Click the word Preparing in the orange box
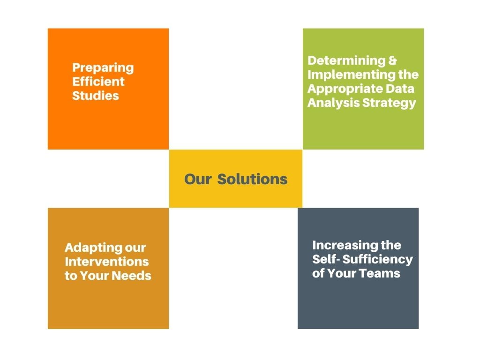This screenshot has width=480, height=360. point(103,68)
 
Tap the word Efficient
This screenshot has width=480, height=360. point(98,82)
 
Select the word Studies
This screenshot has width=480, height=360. point(96,96)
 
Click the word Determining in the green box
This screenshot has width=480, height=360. point(346,60)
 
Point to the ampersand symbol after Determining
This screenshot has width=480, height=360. point(393,60)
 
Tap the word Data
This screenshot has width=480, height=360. point(400,89)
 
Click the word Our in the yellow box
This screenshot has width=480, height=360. point(198,179)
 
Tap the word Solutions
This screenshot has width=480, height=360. point(253,179)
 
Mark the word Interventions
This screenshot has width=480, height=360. point(107,262)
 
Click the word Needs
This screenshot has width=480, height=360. point(131,276)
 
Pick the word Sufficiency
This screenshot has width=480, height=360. point(378,260)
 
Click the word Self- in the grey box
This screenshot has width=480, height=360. point(326,259)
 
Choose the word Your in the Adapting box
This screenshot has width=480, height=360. point(95,276)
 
